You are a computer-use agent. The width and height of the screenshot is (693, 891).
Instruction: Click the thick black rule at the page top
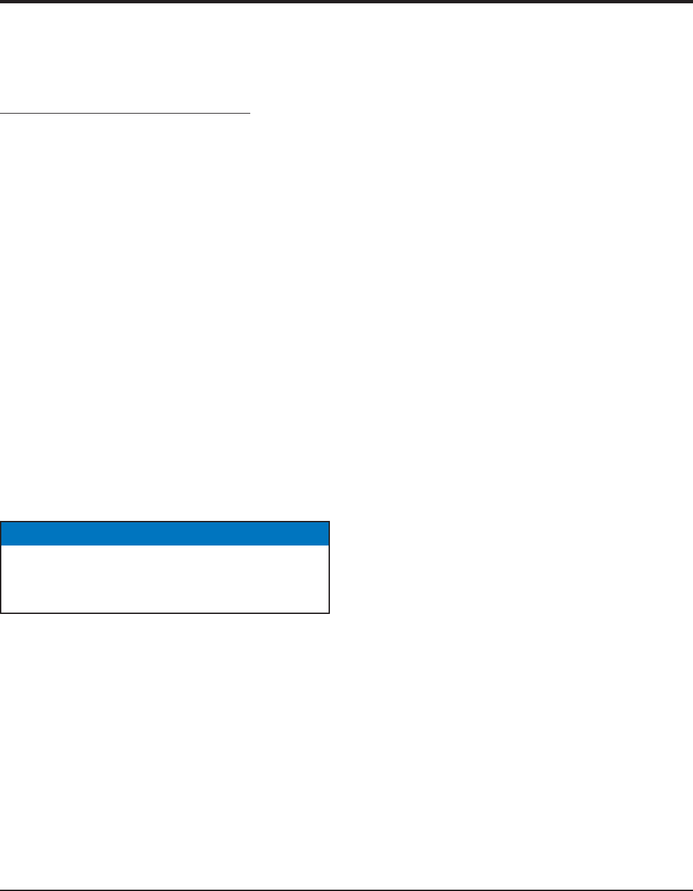pos(346,2)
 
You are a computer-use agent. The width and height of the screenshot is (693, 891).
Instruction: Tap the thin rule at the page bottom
pos(346,889)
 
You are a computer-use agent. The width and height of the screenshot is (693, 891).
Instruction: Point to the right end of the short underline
pos(250,114)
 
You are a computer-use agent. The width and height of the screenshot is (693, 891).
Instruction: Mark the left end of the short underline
pos(1,114)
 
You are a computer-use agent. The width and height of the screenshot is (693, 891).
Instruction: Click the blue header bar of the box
pos(165,534)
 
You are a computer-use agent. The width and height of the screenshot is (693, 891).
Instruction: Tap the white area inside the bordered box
pos(165,578)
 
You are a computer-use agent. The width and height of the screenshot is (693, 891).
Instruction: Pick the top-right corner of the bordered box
pos(329,522)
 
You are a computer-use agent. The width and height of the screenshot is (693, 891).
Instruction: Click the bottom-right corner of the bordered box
pos(329,611)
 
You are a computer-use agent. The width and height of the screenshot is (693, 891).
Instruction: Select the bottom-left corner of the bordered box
pos(1,611)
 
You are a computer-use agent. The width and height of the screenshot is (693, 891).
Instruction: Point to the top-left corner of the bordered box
pos(1,522)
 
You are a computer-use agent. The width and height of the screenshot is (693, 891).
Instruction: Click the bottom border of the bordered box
pos(165,611)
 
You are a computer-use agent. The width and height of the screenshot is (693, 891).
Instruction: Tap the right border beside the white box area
pos(329,578)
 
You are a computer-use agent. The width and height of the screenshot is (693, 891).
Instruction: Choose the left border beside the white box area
pos(1,578)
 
